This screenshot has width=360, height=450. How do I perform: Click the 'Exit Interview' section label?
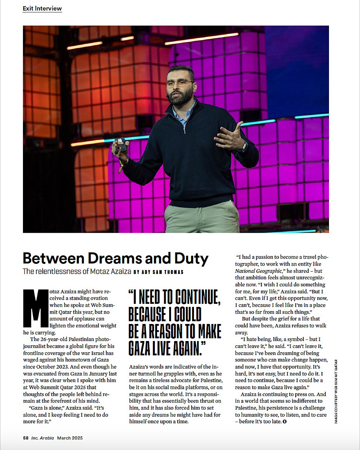(42, 8)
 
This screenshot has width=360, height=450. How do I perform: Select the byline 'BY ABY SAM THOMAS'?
(158, 272)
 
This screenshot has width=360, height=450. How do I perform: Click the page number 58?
(26, 438)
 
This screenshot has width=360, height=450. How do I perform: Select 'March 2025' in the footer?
(70, 438)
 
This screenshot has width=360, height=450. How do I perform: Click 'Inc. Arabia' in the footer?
(43, 438)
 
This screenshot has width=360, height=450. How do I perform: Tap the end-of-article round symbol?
(285, 421)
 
